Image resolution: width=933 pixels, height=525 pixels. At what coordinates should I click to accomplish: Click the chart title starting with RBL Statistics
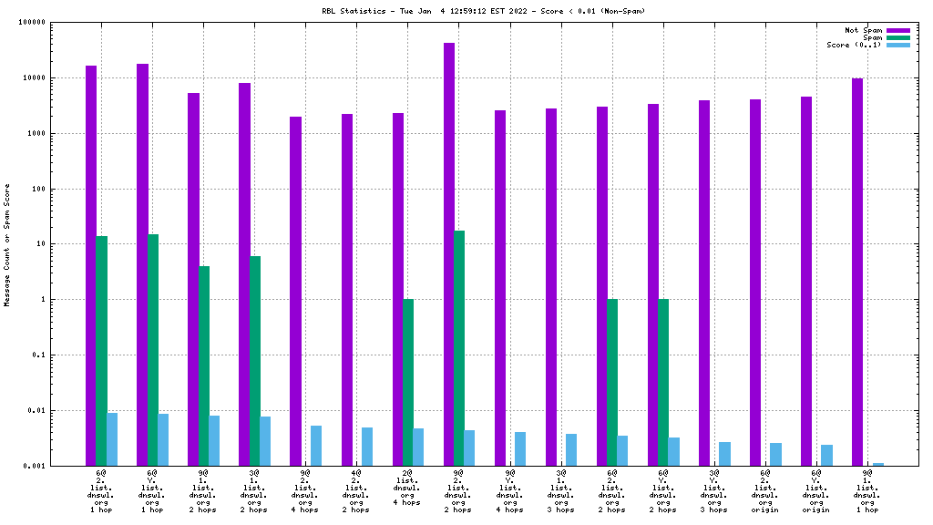tap(466, 11)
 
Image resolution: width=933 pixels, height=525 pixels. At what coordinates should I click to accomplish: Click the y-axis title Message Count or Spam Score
tap(8, 244)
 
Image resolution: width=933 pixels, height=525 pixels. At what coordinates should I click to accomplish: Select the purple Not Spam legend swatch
tap(898, 30)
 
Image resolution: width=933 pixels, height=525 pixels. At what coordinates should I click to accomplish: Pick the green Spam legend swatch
tap(898, 37)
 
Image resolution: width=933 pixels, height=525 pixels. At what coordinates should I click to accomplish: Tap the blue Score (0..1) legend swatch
tap(898, 45)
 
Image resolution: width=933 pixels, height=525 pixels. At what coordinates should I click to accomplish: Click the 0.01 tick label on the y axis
tap(61, 410)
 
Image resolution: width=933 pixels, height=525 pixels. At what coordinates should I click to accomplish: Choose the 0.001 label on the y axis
tap(59, 466)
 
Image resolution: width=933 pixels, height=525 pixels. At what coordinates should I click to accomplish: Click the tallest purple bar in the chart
tap(449, 254)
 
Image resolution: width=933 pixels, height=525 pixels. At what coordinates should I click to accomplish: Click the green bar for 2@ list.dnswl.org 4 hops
tap(408, 382)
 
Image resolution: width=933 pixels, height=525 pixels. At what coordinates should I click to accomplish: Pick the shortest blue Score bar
tap(878, 464)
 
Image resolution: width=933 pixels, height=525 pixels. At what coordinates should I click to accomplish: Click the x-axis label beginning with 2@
tap(408, 488)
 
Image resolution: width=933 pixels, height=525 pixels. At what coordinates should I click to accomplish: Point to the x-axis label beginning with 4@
tap(356, 491)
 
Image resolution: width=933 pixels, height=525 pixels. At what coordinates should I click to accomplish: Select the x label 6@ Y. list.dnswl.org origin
tap(816, 491)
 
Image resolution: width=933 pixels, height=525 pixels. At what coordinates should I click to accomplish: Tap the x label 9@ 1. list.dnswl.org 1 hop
tap(867, 491)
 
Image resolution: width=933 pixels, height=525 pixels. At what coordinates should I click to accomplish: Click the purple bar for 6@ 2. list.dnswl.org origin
tap(755, 283)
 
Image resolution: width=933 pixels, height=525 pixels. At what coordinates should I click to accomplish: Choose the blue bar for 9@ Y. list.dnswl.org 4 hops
tap(520, 448)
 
